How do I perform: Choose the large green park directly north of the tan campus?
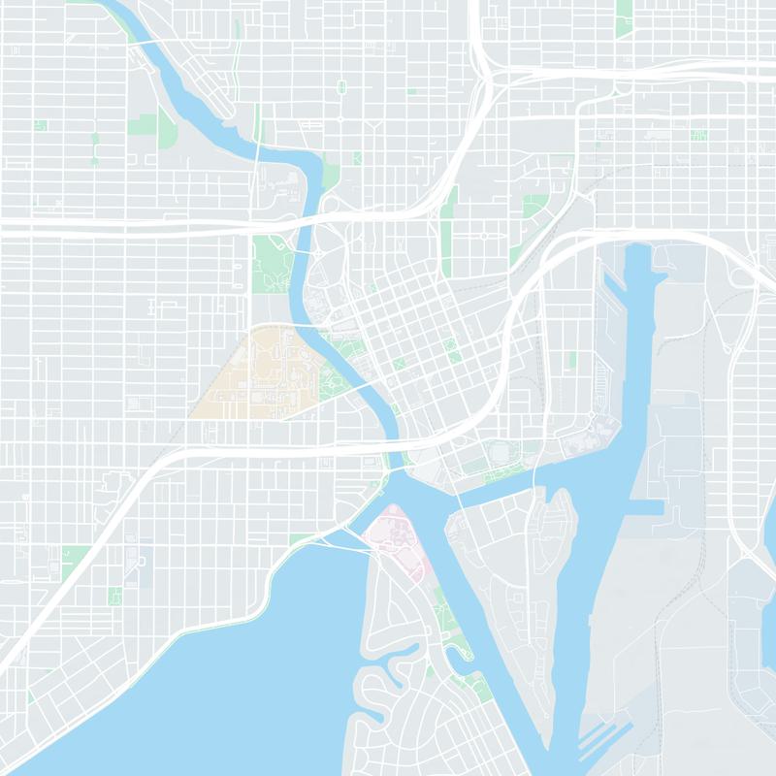tap(272, 262)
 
